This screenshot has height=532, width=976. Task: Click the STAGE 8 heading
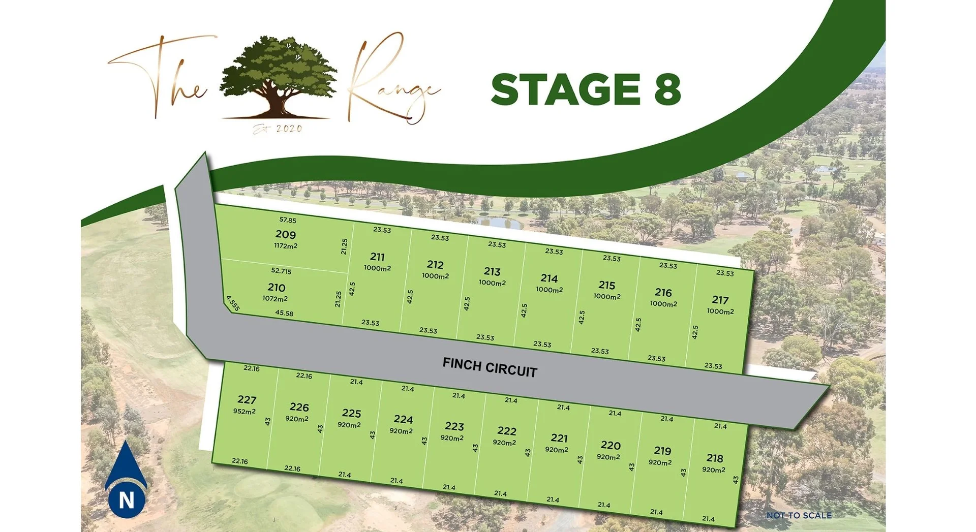click(x=586, y=89)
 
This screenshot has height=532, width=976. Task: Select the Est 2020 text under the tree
click(x=278, y=129)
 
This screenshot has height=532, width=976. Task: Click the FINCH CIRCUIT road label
click(x=490, y=367)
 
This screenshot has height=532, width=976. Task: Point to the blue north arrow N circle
click(x=126, y=498)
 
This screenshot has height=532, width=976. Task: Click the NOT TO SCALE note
click(x=799, y=515)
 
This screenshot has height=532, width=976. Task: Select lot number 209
click(x=285, y=234)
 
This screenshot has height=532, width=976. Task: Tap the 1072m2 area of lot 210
click(x=275, y=299)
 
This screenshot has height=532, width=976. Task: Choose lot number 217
click(x=720, y=300)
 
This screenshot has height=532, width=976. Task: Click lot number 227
click(x=247, y=400)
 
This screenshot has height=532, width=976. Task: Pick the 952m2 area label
click(x=245, y=411)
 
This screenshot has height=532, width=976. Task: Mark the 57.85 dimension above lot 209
click(x=288, y=220)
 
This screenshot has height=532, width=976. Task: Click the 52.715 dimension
click(x=281, y=271)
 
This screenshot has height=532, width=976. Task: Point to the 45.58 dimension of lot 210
click(x=284, y=313)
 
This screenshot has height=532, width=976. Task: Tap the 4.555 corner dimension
click(x=233, y=303)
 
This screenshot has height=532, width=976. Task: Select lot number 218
click(x=715, y=458)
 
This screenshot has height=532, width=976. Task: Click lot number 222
click(x=506, y=431)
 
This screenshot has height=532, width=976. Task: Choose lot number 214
click(x=549, y=278)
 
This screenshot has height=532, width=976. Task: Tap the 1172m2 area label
click(x=286, y=246)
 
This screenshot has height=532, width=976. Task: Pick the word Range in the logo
click(x=391, y=84)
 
